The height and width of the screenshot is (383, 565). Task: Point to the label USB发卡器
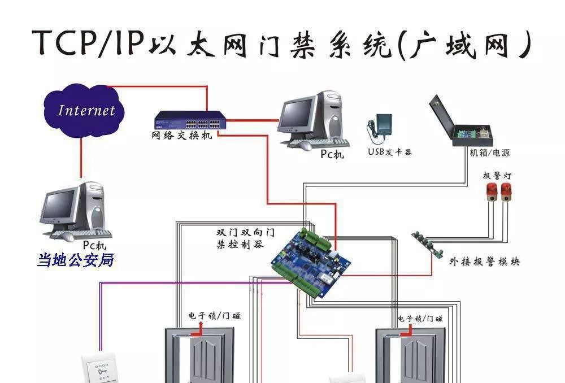click(390, 152)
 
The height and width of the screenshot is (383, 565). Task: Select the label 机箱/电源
click(489, 153)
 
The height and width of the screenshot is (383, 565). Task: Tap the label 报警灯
click(497, 175)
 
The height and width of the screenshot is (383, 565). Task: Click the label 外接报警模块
click(484, 262)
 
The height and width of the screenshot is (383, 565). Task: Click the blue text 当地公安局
click(76, 260)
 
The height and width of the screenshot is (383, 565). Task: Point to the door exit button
click(101, 370)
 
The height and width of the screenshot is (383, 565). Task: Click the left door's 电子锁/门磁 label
click(214, 316)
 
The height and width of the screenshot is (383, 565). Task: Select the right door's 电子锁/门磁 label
click(420, 319)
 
